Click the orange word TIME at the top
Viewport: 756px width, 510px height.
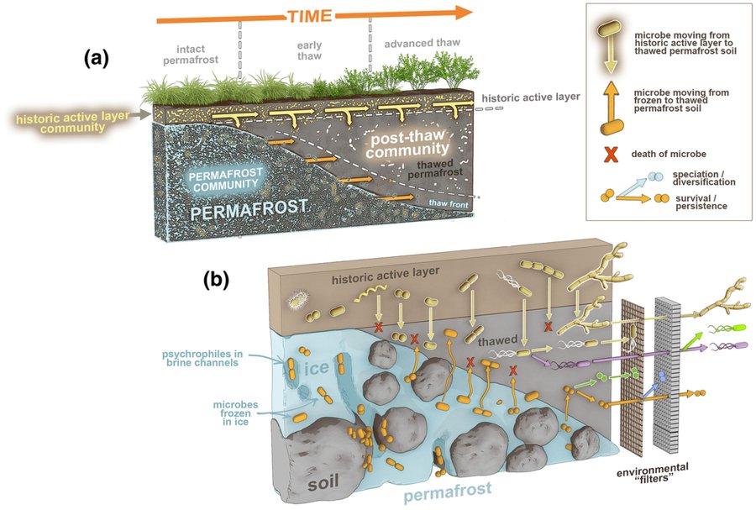click(286, 16)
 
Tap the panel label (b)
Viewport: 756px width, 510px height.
click(218, 280)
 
